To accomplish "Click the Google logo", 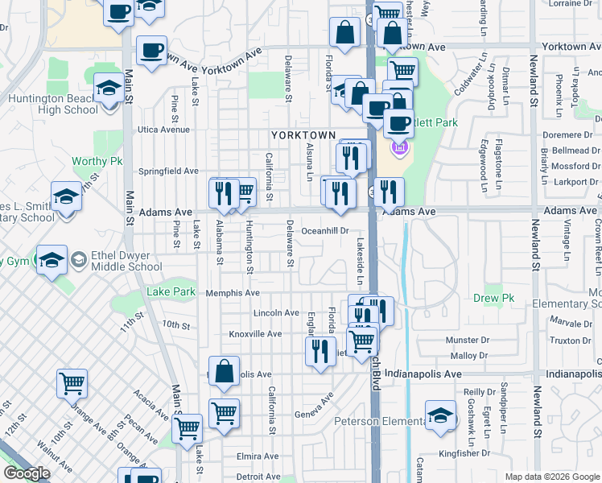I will pyautogui.click(x=27, y=473).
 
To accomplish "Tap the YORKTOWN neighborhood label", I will pyautogui.click(x=303, y=134).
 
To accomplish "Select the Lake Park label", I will pyautogui.click(x=171, y=291).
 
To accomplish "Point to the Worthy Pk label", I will pyautogui.click(x=97, y=161).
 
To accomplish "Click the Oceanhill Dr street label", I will pyautogui.click(x=325, y=230).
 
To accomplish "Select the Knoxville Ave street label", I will pyautogui.click(x=254, y=333).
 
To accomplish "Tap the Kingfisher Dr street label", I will pyautogui.click(x=476, y=453).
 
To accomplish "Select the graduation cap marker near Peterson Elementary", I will pyautogui.click(x=439, y=414).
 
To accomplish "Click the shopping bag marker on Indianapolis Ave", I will pyautogui.click(x=225, y=371).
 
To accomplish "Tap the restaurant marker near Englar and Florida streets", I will pyautogui.click(x=320, y=350).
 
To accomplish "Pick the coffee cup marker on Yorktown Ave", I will pyautogui.click(x=151, y=51).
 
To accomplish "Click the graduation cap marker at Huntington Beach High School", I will pyautogui.click(x=107, y=88).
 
